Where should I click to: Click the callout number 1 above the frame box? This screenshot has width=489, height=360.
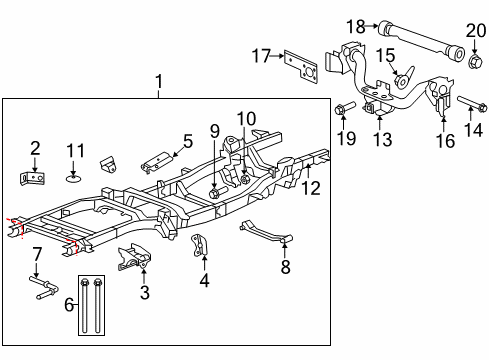pos(158,79)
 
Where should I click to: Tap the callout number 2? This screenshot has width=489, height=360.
pos(34,148)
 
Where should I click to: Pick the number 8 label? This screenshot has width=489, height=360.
pos(286,267)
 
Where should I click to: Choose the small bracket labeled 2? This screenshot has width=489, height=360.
pos(33,177)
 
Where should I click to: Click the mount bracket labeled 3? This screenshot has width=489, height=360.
pos(134,258)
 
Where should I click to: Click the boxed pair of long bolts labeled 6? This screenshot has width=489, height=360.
pos(90,302)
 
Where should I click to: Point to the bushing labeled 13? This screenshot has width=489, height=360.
pos(370,109)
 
